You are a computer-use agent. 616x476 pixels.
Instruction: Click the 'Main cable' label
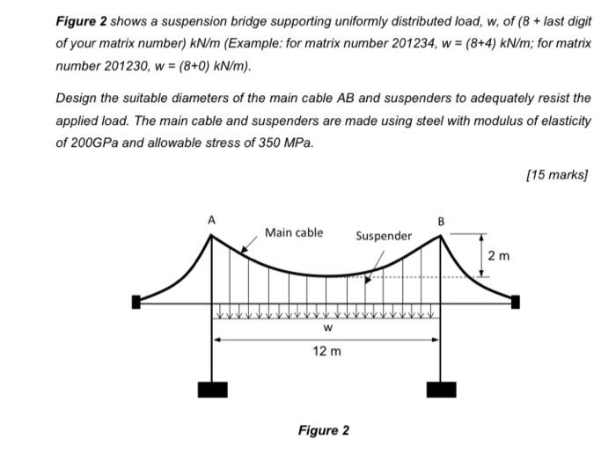coord(294,232)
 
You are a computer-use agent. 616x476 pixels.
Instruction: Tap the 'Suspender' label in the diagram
coord(383,236)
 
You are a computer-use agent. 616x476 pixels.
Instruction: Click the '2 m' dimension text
coord(498,256)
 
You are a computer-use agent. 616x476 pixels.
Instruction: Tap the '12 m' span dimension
coord(326,351)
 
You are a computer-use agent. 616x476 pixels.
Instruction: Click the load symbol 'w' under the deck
coord(326,327)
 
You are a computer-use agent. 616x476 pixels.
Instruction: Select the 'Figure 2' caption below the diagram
coord(323,430)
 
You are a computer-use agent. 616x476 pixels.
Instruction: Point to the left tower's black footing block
coord(211,389)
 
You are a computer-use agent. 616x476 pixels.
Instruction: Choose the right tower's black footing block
coord(441,389)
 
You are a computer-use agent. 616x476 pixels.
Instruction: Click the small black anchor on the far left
coord(136,302)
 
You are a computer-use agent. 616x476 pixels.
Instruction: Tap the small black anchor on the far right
coord(516,302)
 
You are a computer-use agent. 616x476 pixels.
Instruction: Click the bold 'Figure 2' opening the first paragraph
coord(83,19)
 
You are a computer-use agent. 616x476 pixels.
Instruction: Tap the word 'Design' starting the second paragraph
coord(77,99)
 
